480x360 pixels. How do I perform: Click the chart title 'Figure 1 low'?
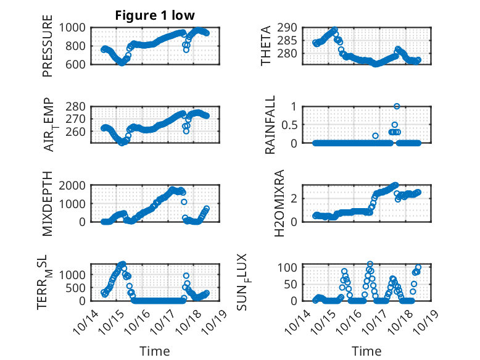(x=151, y=15)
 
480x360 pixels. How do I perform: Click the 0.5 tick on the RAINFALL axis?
(x=291, y=125)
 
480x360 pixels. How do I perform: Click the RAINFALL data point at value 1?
(x=397, y=106)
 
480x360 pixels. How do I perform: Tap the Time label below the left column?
(x=155, y=351)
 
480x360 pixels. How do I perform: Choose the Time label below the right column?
(x=366, y=351)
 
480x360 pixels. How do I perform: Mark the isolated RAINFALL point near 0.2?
(x=375, y=136)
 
